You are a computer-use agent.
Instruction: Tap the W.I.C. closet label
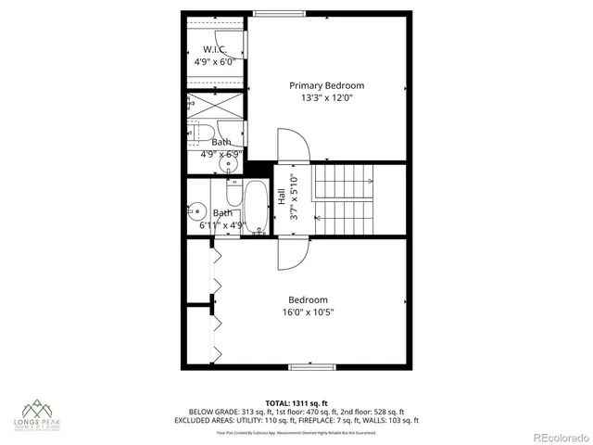(x=215, y=49)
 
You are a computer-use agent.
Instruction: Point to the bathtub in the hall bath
(x=255, y=209)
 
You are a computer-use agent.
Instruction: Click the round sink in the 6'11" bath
(x=197, y=210)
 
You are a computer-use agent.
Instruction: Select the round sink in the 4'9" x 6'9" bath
(x=225, y=166)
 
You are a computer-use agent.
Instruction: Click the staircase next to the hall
(x=344, y=200)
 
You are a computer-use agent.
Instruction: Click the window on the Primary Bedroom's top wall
(x=270, y=12)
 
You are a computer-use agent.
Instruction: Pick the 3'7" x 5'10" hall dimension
(x=294, y=196)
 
